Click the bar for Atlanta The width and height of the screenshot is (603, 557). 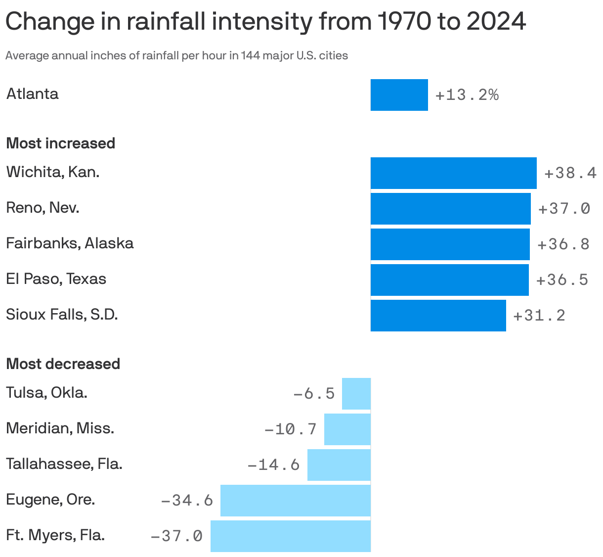pyautogui.click(x=399, y=94)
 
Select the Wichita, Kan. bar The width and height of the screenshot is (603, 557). pyautogui.click(x=453, y=173)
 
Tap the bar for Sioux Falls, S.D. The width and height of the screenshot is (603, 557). pyautogui.click(x=438, y=315)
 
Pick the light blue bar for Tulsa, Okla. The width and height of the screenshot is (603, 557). pyautogui.click(x=356, y=393)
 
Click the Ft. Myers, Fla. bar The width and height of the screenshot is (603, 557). pyautogui.click(x=290, y=536)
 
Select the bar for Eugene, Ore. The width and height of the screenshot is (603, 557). pyautogui.click(x=295, y=500)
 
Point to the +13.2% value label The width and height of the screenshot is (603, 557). pyautogui.click(x=467, y=94)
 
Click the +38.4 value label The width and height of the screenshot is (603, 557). pyautogui.click(x=570, y=173)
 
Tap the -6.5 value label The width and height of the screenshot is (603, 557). pyautogui.click(x=314, y=393)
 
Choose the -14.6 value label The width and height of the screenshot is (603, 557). pyautogui.click(x=273, y=464)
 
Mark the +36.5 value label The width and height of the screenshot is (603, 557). pyautogui.click(x=562, y=279)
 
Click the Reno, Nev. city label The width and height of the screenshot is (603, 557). pyautogui.click(x=43, y=208)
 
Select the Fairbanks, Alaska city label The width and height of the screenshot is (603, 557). pyautogui.click(x=70, y=243)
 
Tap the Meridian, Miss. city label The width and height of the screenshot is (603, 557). pyautogui.click(x=60, y=428)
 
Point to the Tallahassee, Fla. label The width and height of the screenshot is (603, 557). pyautogui.click(x=64, y=464)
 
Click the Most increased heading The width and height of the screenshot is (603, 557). pyautogui.click(x=60, y=143)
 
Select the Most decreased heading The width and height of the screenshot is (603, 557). pyautogui.click(x=63, y=364)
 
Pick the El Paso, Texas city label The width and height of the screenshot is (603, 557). pyautogui.click(x=56, y=279)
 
